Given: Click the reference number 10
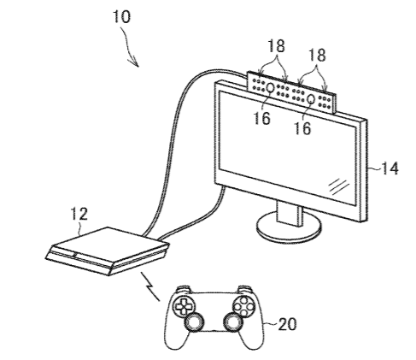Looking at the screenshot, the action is click(x=122, y=16).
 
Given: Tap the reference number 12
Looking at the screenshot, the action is click(x=79, y=214).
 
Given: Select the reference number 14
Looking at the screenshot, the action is click(x=390, y=168).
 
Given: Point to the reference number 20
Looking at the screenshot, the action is click(x=287, y=324).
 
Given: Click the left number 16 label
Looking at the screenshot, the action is click(x=261, y=118).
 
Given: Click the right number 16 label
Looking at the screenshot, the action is click(x=302, y=128).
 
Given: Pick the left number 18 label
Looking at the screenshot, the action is click(x=276, y=45).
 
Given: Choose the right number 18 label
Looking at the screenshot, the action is click(x=317, y=55).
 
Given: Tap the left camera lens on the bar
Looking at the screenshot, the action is click(x=270, y=88).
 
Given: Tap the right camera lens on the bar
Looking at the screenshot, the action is click(x=311, y=99).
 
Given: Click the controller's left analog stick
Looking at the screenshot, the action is click(x=195, y=322).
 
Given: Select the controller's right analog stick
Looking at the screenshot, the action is click(x=233, y=322).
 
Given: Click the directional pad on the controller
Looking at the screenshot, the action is click(x=183, y=306).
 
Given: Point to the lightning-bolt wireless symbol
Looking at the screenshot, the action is click(x=150, y=286).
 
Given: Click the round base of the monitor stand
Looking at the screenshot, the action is click(x=289, y=228).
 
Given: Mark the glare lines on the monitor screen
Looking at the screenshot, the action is click(x=338, y=187).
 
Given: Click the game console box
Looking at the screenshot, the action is click(x=108, y=251).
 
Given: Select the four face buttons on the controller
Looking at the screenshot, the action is click(x=243, y=306).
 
